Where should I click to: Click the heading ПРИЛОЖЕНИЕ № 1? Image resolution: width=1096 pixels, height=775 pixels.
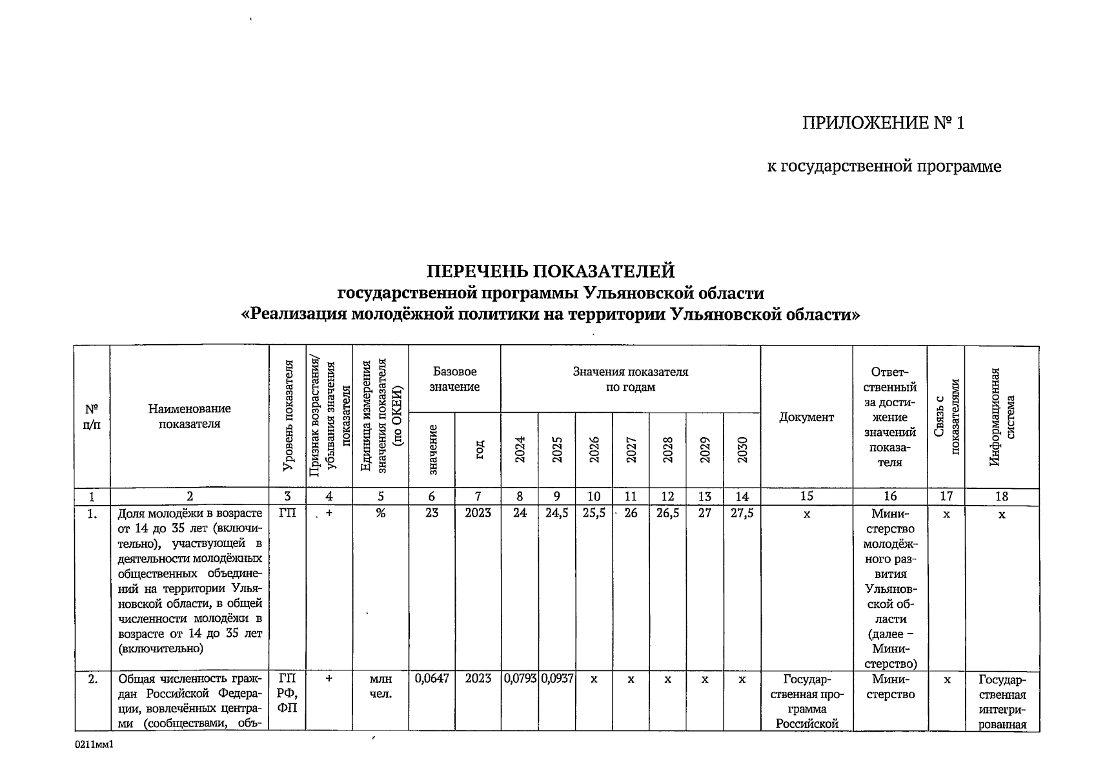883,123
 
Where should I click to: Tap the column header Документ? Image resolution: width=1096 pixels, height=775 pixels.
806,417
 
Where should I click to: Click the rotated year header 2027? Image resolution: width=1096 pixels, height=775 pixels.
631,449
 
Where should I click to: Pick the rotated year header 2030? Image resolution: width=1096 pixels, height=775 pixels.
742,449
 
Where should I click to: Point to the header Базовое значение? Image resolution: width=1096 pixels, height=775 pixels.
454,379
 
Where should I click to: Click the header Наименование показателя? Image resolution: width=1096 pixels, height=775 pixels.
189,416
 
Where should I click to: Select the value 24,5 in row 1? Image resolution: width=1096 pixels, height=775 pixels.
557,513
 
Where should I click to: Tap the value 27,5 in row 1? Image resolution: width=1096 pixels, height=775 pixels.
742,513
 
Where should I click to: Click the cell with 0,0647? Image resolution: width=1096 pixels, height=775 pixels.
431,679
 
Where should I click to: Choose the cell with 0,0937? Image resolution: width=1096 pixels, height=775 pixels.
557,679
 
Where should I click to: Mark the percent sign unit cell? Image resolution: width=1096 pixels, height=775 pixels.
381,513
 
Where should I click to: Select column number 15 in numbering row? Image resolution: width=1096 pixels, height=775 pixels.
806,497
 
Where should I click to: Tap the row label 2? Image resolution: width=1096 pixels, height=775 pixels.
93,679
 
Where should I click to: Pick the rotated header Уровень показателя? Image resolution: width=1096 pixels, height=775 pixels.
287,417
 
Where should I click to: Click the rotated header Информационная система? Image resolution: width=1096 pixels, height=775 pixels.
1002,417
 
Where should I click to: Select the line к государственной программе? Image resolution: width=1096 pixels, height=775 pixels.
884,167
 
